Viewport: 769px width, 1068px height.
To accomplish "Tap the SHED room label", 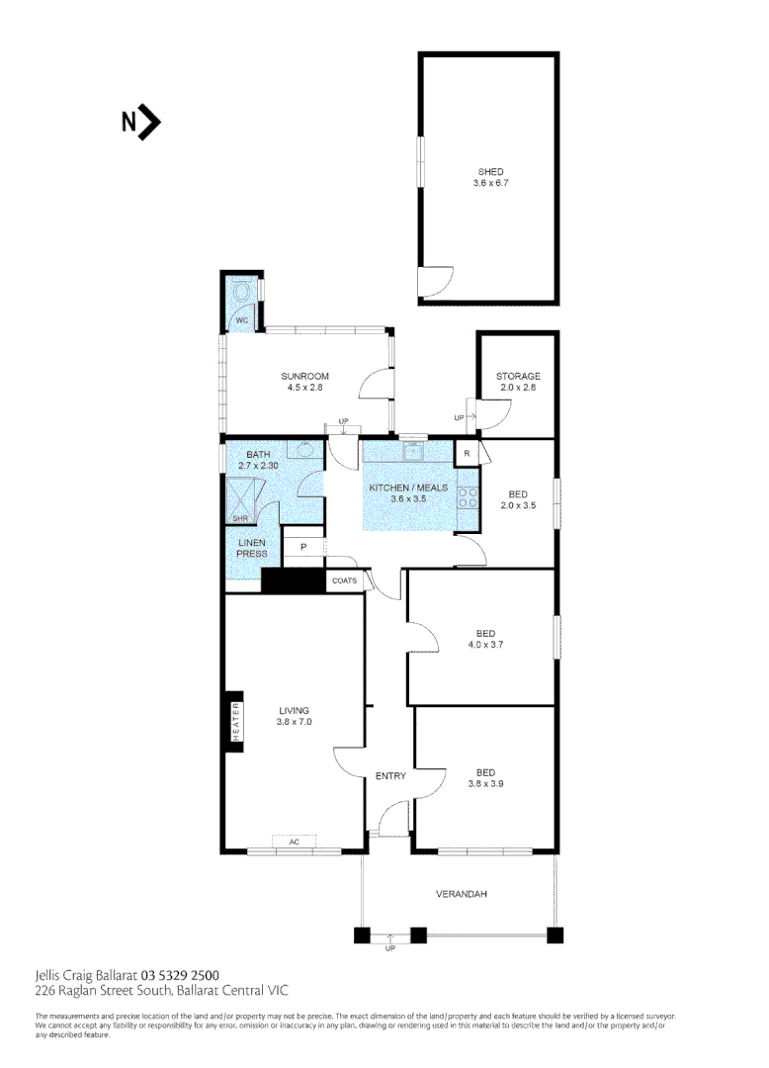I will pos(490,172).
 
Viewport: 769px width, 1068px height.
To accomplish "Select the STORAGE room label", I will pos(518,376).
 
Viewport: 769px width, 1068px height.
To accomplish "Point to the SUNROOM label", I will pos(304,376).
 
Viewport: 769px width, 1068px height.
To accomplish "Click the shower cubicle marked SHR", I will pos(242,494).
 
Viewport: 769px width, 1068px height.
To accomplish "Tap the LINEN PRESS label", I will pos(252,548).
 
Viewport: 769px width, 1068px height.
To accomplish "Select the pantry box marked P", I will pos(304,547).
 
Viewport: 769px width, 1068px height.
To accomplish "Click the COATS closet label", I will pos(344,580).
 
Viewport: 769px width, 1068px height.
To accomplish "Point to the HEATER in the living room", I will pos(236,721).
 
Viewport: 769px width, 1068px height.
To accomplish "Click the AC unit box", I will pos(294,842).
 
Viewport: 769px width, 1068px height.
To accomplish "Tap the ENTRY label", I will pos(390,776).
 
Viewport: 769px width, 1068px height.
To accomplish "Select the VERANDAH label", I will pos(462,894).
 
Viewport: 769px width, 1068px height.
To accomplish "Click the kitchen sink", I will pos(413,453).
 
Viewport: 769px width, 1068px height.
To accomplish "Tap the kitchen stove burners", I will pos(468,497).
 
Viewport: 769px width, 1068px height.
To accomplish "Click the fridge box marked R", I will pos(467,454).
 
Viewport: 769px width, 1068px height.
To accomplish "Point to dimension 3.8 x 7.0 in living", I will pos(294,722).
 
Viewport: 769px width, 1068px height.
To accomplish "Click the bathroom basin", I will pos(307,450).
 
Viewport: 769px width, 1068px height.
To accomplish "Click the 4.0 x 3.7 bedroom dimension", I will pos(485,645).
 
